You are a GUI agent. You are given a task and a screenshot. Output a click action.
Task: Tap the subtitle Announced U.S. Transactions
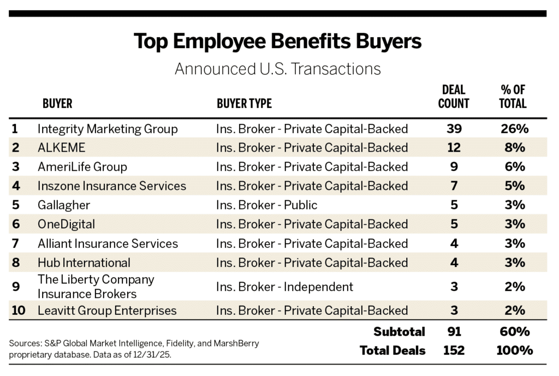pos(277,69)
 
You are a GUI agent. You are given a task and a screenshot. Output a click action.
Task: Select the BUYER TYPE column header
pos(244,104)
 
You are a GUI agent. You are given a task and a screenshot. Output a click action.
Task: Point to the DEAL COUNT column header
pos(453,97)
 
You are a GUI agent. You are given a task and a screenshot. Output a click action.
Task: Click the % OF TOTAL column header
pos(513,97)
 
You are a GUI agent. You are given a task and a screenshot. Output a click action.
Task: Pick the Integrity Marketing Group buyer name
pos(108,129)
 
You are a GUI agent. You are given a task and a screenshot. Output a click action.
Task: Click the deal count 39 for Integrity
pos(453,129)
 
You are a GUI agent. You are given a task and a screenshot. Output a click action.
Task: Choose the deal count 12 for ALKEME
pos(453,147)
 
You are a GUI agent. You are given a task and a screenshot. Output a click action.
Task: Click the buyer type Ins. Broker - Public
pos(266,205)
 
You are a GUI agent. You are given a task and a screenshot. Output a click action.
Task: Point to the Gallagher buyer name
pos(64,205)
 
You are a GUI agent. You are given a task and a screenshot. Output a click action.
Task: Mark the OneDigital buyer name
pos(66,224)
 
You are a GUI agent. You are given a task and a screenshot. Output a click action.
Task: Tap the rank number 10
pos(18,311)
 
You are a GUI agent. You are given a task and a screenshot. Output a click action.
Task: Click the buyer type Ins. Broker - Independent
pos(284,287)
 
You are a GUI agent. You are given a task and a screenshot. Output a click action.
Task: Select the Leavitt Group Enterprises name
pos(107,311)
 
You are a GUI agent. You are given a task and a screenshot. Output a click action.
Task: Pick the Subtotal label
pos(399,331)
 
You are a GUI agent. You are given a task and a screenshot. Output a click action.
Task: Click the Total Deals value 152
pos(453,350)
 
